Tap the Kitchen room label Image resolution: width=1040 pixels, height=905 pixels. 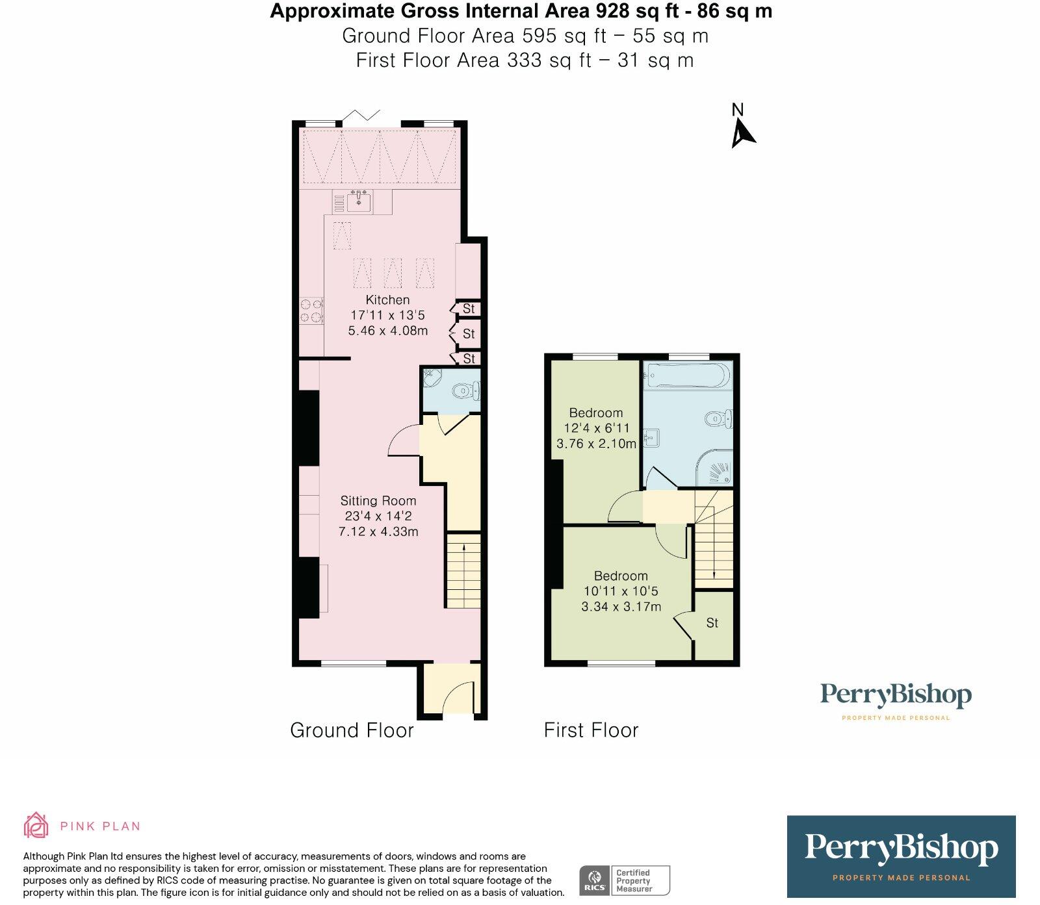point(388,300)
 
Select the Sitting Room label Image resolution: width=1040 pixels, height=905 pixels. point(378,501)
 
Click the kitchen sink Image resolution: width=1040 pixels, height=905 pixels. point(359,202)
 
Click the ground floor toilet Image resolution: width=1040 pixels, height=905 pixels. point(465,390)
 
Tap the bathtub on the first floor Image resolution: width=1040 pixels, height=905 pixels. point(686,376)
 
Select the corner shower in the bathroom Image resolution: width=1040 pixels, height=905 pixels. point(714,466)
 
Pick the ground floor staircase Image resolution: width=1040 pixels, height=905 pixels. point(463,571)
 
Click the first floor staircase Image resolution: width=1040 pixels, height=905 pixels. point(714,539)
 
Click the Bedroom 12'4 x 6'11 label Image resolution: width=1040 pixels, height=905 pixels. point(596,428)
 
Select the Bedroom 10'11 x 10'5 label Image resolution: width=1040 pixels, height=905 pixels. point(621,591)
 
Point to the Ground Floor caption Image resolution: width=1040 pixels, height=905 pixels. point(352,730)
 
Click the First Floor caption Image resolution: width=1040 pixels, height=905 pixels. point(591,730)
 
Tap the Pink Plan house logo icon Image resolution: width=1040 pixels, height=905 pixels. point(36,825)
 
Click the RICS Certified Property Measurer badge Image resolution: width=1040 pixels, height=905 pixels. point(625,881)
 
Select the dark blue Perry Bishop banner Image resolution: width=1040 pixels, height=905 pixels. point(901,856)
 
